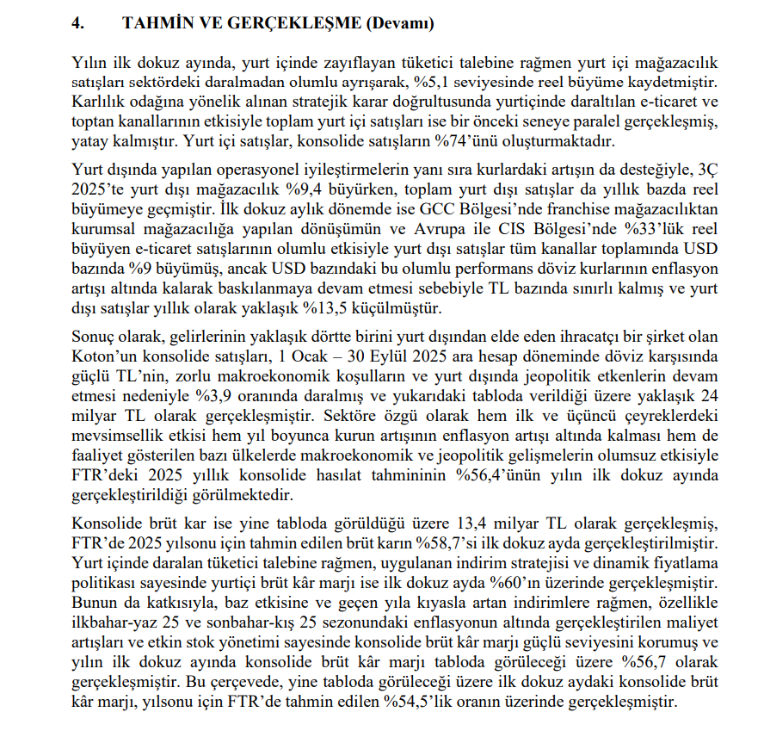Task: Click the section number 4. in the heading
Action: click(x=78, y=24)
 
